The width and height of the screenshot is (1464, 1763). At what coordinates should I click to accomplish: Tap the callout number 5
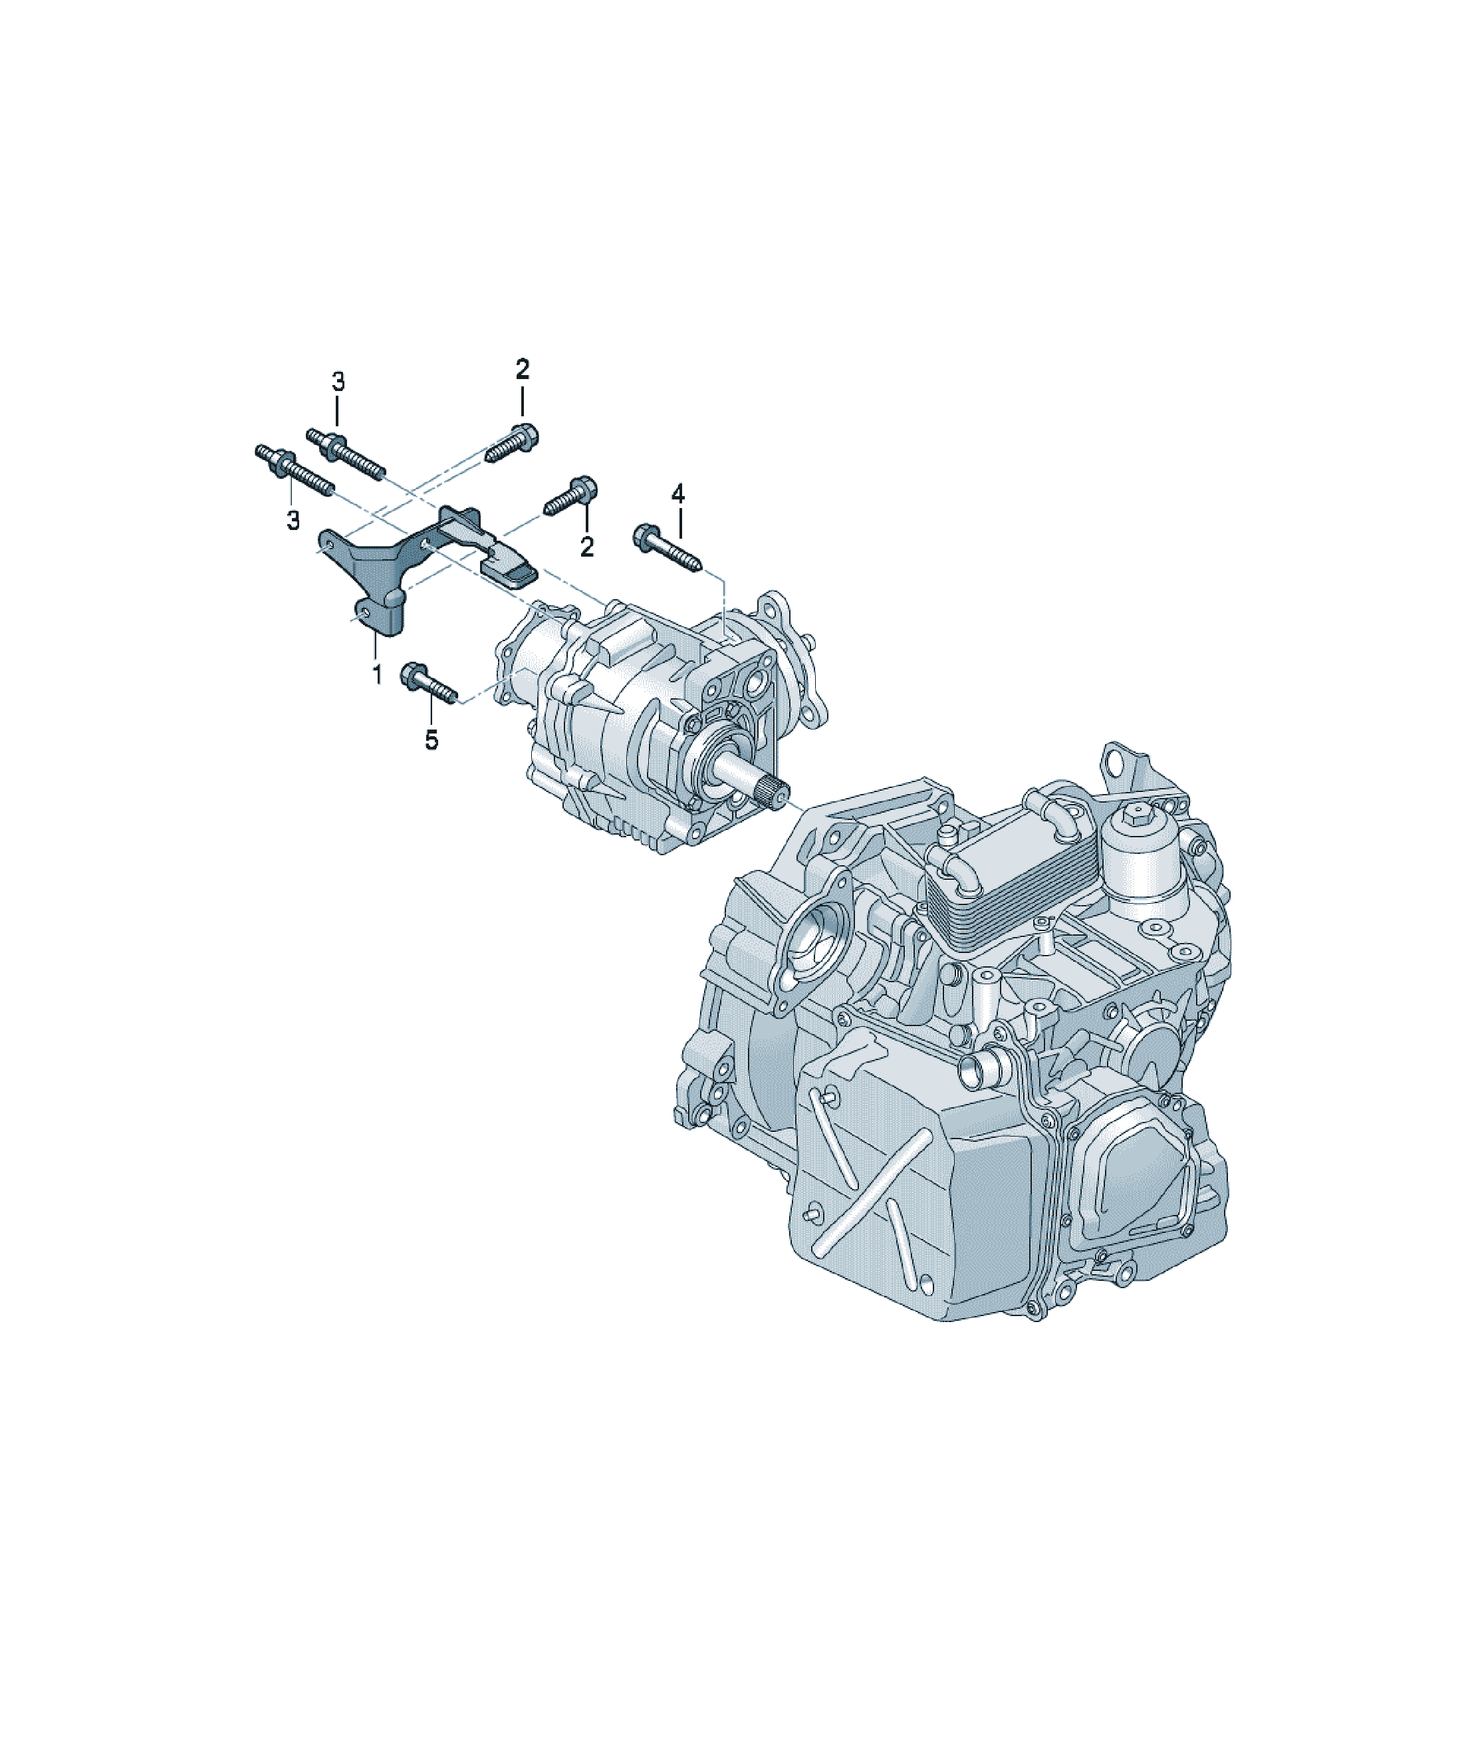coord(431,740)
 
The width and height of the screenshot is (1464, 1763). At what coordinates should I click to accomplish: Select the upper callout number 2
coord(522,368)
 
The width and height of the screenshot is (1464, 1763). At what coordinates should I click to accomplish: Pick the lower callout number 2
coord(587,547)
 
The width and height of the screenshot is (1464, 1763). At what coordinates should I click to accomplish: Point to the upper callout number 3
coord(338,383)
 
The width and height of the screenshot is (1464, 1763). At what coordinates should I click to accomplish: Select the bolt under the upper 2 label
coord(512,444)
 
